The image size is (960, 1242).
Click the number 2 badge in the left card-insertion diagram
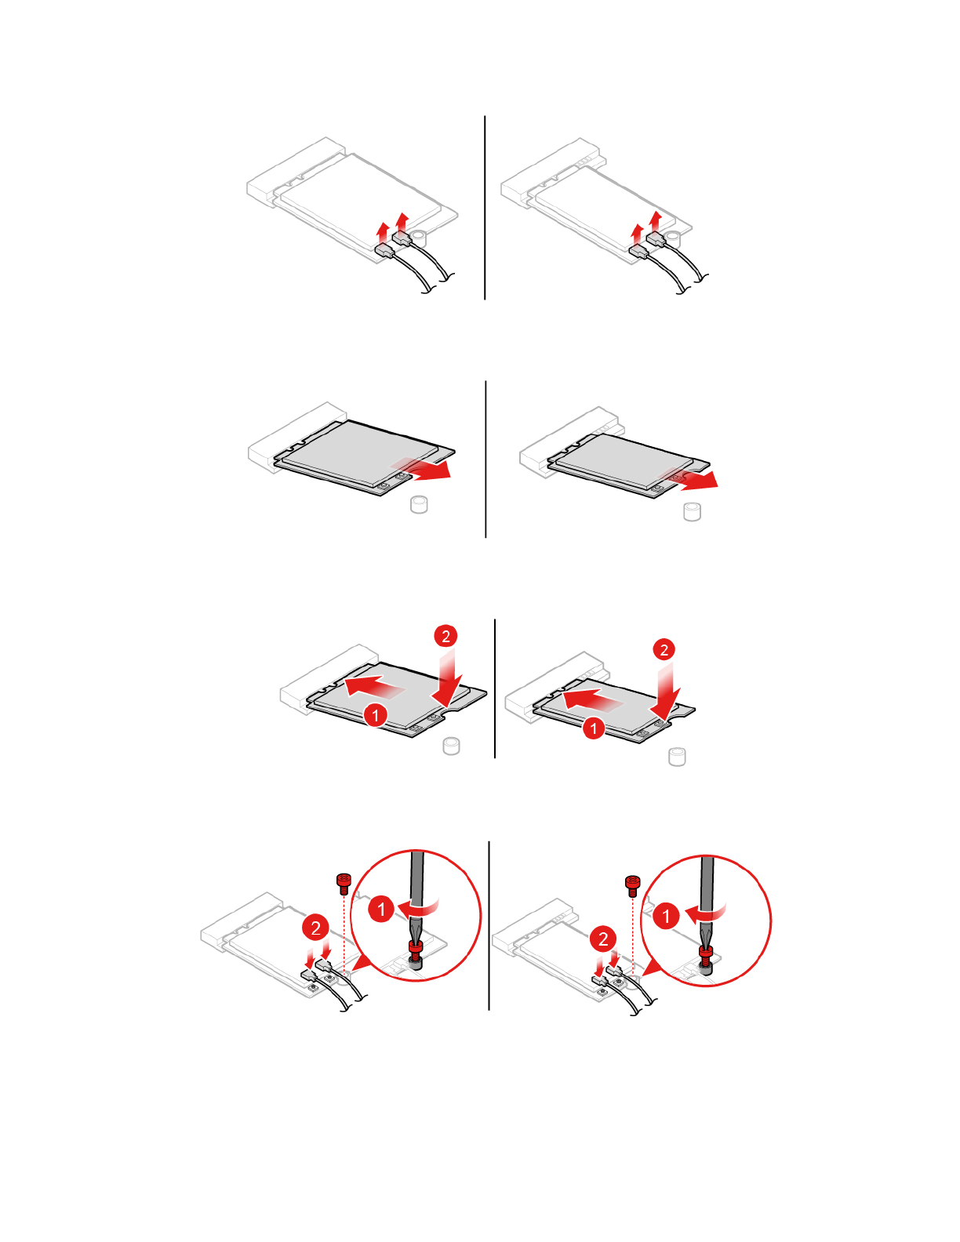tap(445, 636)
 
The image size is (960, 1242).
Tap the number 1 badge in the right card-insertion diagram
tap(594, 728)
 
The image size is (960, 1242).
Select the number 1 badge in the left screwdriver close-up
tap(382, 910)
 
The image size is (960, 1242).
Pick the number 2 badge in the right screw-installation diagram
tap(603, 939)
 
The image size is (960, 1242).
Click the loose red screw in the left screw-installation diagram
tap(343, 883)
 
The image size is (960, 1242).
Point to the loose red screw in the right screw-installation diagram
tap(632, 884)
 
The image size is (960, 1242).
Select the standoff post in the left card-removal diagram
tap(419, 504)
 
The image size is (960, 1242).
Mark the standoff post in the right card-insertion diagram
tap(677, 757)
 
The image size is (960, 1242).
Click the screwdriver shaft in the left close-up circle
tap(416, 886)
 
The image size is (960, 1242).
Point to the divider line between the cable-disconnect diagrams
tap(485, 208)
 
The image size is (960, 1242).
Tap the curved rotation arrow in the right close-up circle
tap(707, 912)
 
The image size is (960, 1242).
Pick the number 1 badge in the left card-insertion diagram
tap(376, 715)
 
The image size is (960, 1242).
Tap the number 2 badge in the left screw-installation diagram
tap(315, 928)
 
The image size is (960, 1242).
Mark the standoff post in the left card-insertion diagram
tap(451, 745)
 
